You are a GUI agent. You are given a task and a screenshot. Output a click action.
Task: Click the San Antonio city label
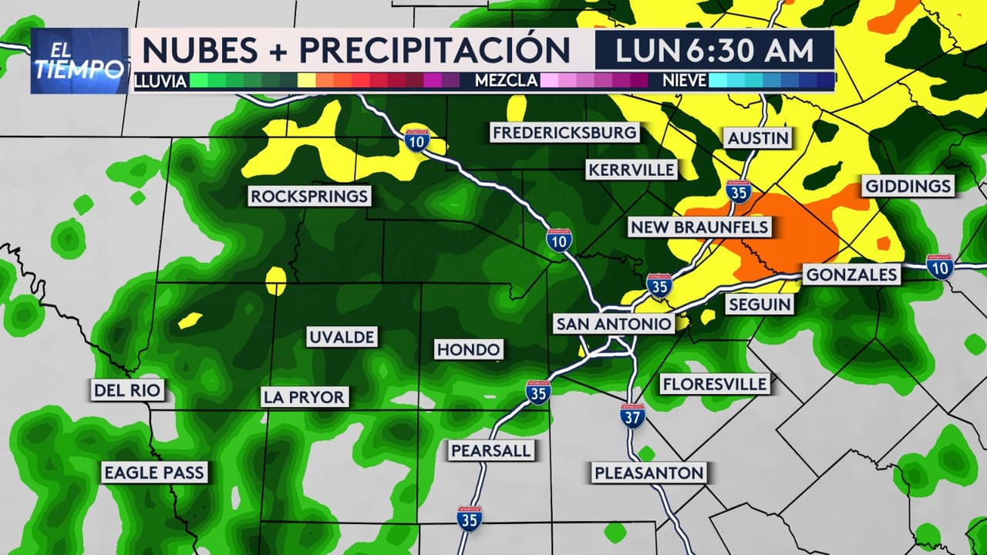(x=614, y=325)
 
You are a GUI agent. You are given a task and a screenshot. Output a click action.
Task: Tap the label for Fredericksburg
(x=565, y=133)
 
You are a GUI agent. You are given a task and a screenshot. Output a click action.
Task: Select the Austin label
(x=758, y=138)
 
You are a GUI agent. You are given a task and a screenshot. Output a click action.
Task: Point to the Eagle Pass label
(x=154, y=473)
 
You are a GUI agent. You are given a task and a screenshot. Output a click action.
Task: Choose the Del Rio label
(x=128, y=390)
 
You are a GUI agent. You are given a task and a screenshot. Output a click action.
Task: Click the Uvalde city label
(x=342, y=337)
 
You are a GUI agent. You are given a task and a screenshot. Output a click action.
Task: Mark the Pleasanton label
(x=648, y=473)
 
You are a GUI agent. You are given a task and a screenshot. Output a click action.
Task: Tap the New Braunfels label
(x=699, y=227)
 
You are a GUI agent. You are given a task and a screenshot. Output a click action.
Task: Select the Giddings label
(x=908, y=186)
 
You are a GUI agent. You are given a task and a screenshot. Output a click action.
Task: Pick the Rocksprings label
(x=308, y=196)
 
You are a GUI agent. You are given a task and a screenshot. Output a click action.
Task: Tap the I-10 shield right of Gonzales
(x=939, y=266)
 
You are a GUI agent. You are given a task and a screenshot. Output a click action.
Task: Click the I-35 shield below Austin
(x=739, y=191)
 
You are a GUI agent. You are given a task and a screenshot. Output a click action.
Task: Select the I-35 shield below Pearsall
(x=469, y=518)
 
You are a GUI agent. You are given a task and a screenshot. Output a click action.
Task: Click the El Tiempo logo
(x=79, y=61)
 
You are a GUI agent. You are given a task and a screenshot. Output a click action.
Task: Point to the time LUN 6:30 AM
(x=715, y=50)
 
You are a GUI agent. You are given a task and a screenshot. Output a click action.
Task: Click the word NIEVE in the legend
(x=685, y=80)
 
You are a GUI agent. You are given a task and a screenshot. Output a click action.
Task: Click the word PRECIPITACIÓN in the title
(x=435, y=50)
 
